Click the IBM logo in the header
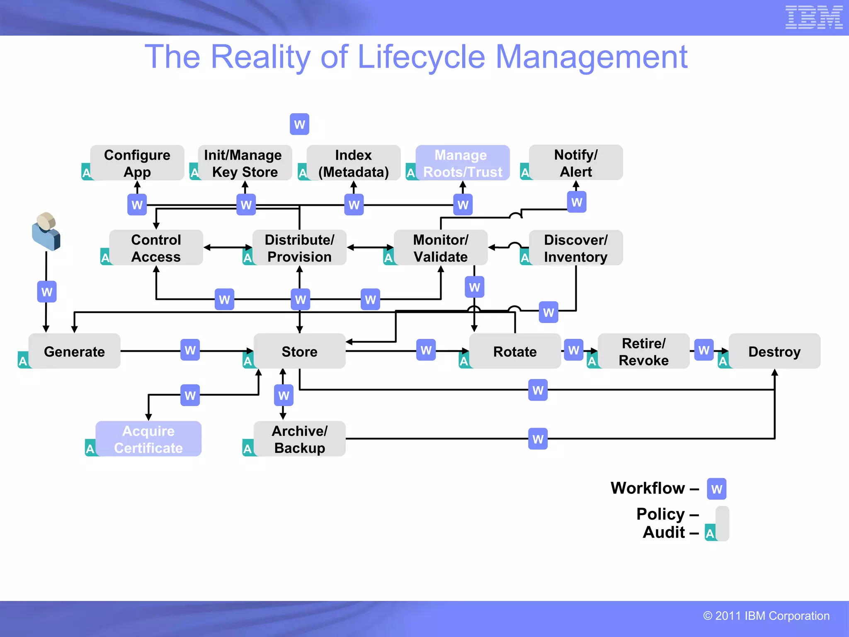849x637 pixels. [x=814, y=17]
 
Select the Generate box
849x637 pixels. [x=75, y=351]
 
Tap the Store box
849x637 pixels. [x=299, y=351]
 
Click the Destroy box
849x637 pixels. [x=774, y=351]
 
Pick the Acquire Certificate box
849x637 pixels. [x=148, y=439]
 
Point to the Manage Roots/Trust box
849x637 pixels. [x=463, y=163]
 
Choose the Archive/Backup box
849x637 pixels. [x=299, y=439]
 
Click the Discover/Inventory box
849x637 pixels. [x=575, y=248]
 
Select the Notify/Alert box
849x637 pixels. [x=575, y=163]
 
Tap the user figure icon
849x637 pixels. [x=46, y=231]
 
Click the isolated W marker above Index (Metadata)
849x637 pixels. [x=299, y=124]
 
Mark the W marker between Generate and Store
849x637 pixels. [x=190, y=350]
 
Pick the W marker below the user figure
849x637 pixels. [x=47, y=292]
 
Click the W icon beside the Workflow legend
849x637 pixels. [x=716, y=489]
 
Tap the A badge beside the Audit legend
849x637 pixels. [x=710, y=533]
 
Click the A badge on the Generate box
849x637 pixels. [x=23, y=361]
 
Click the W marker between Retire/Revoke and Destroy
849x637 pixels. [x=703, y=350]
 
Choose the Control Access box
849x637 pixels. [x=156, y=248]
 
